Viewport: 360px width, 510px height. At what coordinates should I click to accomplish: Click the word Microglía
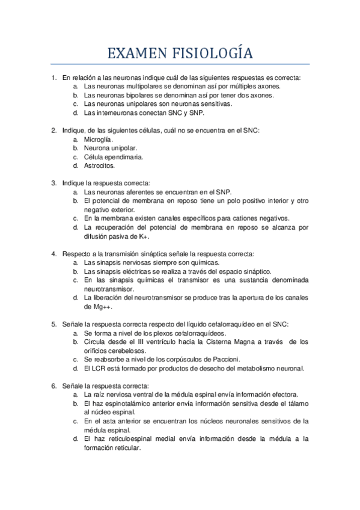tap(99, 139)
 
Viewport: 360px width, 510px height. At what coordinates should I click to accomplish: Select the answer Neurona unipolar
tap(110, 148)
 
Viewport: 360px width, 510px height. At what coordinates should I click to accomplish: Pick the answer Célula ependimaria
tap(114, 156)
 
